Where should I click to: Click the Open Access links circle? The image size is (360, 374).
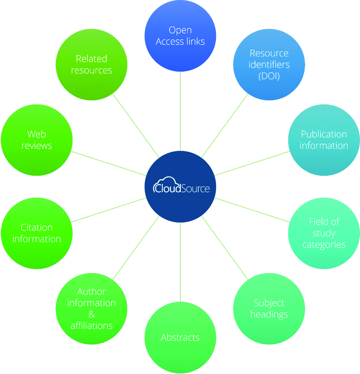180,36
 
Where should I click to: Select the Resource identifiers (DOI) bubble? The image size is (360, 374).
269,64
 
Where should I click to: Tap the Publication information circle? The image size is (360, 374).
324,140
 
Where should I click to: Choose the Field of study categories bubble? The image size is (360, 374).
324,233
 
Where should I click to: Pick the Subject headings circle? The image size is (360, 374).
269,309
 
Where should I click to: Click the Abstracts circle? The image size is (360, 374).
180,337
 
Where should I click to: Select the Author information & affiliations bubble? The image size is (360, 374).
91,309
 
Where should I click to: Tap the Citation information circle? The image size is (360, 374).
37,233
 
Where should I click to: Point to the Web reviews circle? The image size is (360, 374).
37,140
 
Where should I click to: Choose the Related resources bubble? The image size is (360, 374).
91,64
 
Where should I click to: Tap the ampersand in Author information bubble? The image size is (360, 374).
91,315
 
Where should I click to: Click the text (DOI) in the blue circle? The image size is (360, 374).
269,76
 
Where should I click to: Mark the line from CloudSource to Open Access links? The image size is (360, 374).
180,111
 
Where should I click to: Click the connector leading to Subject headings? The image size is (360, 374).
225,248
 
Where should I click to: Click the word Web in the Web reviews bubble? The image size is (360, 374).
37,134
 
